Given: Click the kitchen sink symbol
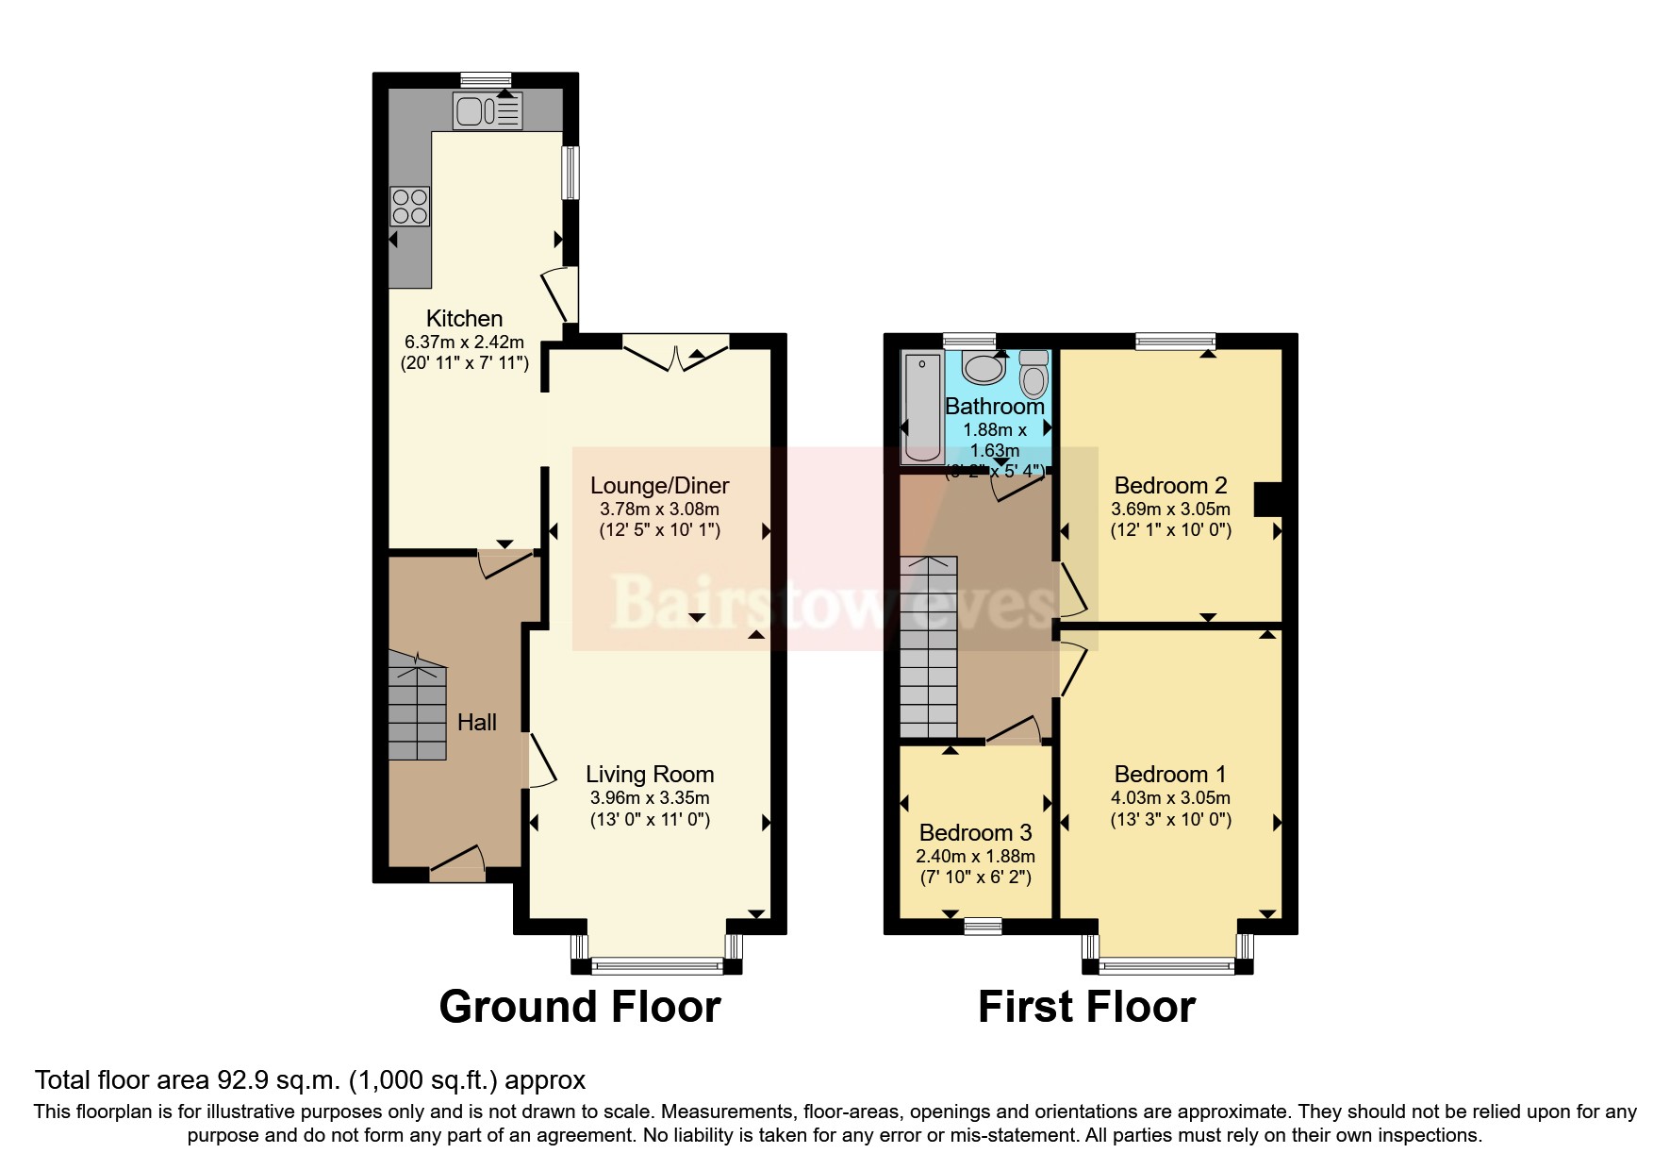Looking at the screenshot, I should coord(487,111).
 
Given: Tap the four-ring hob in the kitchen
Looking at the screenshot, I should coord(410,207).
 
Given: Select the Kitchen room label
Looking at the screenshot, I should coord(464,318).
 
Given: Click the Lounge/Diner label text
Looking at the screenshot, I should coord(659,486).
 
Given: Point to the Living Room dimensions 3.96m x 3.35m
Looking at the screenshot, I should coord(650,797).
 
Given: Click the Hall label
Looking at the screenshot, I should coord(476,723).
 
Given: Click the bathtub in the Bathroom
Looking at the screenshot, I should coord(921,408).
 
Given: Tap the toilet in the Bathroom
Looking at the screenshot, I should coord(1034,376).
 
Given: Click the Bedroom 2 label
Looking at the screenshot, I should coord(1170,486).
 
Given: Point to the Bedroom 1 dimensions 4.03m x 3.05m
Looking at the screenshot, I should coord(1170,797).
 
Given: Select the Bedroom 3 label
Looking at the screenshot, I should coord(975,833).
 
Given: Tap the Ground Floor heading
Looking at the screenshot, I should coord(580,1007).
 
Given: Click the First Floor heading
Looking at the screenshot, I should coord(1086,1007).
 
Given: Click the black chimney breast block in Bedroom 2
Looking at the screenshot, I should coord(1267,500).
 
